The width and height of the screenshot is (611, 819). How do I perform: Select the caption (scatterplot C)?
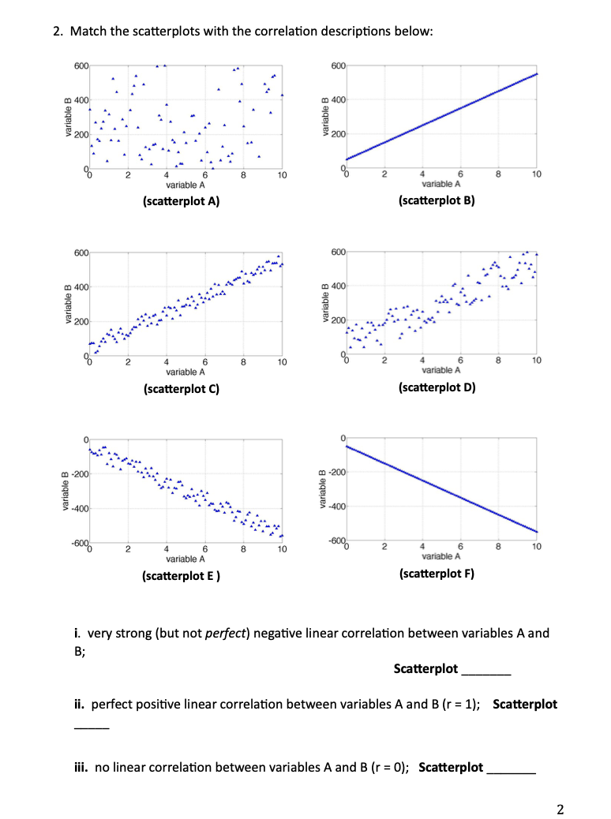pos(180,388)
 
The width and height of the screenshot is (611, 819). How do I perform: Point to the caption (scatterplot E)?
pos(180,575)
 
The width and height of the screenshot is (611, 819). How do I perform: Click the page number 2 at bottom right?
pos(560,808)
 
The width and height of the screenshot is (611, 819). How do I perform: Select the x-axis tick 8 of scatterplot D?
pos(497,361)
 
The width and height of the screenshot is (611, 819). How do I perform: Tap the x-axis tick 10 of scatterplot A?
pos(282,175)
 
